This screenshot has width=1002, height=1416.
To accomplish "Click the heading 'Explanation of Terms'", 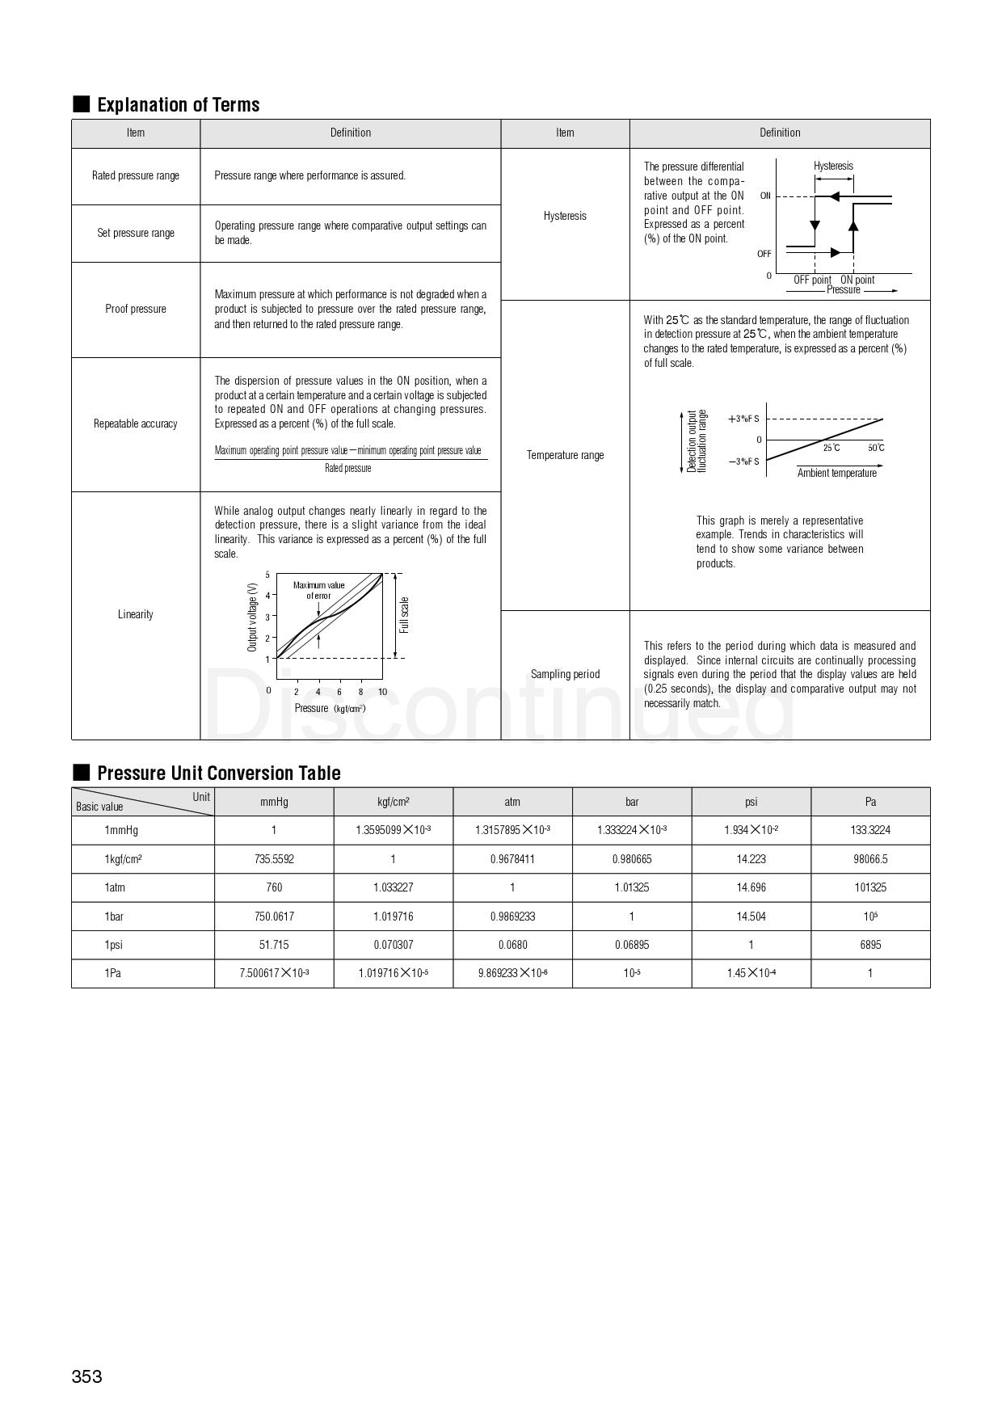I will click(x=178, y=105).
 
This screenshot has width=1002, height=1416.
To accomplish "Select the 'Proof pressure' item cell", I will click(x=136, y=309).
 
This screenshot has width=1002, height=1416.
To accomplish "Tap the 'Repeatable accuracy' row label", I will click(x=136, y=424).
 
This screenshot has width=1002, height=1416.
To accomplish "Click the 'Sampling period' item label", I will click(x=565, y=674).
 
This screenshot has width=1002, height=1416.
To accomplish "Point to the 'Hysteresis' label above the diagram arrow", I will click(x=833, y=166).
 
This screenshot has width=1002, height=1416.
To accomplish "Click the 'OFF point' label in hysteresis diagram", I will click(x=812, y=280).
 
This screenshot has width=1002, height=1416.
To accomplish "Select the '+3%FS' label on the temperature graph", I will click(x=743, y=419).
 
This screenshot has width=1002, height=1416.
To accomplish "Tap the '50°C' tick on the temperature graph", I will click(x=876, y=448).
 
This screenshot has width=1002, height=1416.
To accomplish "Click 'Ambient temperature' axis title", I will click(x=836, y=474).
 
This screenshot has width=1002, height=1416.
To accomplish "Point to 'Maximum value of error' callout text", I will click(x=318, y=590).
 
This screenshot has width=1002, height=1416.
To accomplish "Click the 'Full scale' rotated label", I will click(x=405, y=615).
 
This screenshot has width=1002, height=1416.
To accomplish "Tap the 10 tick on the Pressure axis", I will click(x=382, y=692).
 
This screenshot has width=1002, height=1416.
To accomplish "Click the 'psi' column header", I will click(x=751, y=802).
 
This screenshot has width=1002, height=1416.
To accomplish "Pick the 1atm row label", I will click(x=115, y=887).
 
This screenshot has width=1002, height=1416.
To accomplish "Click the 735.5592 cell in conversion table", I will click(x=274, y=859).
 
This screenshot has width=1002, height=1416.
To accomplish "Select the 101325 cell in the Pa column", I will click(x=870, y=887).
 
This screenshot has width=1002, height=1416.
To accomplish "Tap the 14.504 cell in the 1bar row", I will click(x=751, y=917).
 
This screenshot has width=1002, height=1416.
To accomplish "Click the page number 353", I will click(x=87, y=1376).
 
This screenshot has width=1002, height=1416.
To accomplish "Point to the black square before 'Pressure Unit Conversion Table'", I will click(x=81, y=772).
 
